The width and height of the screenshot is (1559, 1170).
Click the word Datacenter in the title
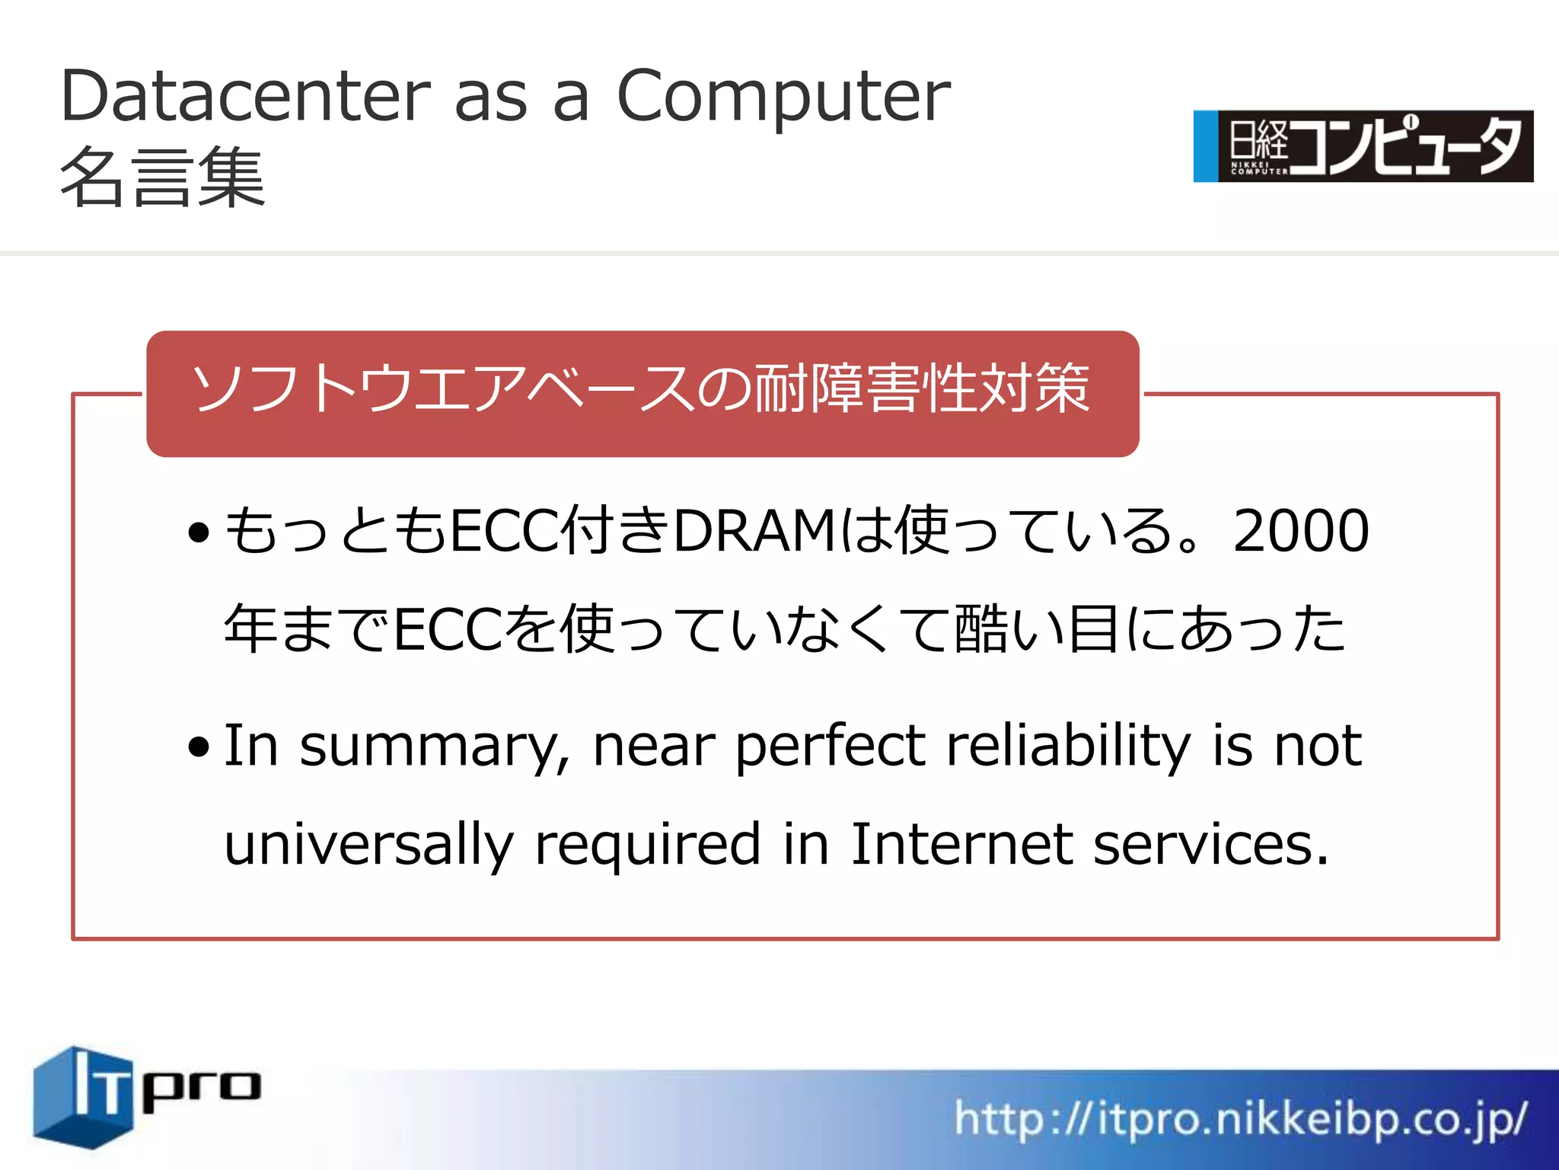tap(245, 96)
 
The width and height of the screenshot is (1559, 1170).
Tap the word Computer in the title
tap(783, 97)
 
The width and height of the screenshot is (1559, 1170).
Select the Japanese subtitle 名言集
tap(162, 177)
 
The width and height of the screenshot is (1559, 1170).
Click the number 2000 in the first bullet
tap(1300, 531)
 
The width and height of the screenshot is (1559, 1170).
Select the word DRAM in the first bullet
tap(754, 531)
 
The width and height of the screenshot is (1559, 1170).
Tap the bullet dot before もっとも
tap(199, 533)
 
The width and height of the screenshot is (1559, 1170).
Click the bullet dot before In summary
tap(199, 748)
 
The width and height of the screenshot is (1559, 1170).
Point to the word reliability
tap(1068, 746)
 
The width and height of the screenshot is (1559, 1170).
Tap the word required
tap(648, 846)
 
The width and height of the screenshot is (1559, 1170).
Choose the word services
tap(1210, 846)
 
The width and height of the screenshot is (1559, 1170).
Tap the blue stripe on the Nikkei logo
tap(1205, 146)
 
